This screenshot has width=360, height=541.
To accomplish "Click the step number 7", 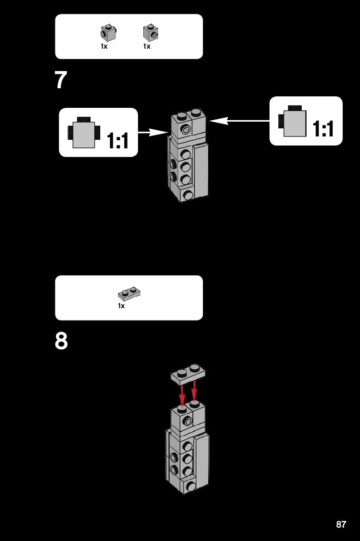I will [61, 81].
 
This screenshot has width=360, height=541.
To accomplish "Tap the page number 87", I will [341, 524].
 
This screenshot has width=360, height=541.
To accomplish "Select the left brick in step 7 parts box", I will [108, 32].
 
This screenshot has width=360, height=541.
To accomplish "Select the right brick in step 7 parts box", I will [150, 32].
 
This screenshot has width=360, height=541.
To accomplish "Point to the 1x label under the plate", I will [121, 306].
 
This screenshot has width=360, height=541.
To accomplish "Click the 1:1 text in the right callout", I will [323, 128].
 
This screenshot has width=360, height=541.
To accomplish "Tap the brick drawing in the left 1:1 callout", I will [84, 132].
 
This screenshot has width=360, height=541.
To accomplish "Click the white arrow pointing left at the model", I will [239, 121].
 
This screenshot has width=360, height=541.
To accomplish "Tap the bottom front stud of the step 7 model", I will [189, 195].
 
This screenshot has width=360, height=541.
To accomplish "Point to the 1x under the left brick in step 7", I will [104, 46].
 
